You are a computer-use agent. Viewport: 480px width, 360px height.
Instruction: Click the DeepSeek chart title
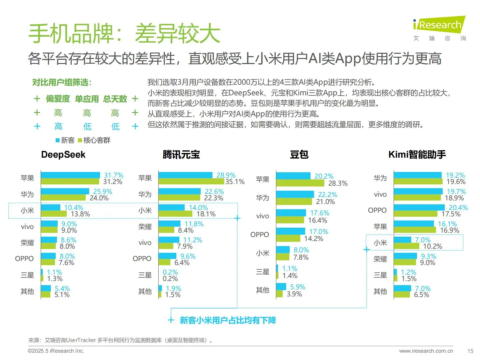click(63, 155)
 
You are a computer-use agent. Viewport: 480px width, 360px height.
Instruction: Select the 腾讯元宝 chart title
click(181, 155)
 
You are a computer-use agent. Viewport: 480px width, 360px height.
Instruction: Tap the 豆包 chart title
click(299, 155)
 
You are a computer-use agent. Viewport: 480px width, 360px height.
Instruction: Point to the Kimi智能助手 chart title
click(417, 155)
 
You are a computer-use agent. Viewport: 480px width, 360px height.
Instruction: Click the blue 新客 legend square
click(58, 140)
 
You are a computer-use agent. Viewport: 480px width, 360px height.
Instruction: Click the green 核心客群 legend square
click(80, 140)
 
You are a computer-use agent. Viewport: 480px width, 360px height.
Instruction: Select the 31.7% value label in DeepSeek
click(114, 175)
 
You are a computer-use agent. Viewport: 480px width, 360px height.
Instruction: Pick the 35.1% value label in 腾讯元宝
click(235, 182)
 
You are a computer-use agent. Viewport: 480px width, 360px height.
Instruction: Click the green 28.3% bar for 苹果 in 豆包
click(300, 183)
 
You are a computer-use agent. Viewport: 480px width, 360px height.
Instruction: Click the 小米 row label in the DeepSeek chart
click(27, 211)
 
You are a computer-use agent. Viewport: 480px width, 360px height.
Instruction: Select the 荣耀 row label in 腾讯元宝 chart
click(145, 227)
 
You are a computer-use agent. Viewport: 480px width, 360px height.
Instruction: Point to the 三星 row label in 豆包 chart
click(263, 272)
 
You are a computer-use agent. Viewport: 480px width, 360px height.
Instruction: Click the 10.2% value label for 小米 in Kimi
click(433, 246)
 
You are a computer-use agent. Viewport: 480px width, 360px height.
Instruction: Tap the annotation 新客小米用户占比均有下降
click(228, 320)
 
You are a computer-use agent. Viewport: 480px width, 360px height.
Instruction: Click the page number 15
click(470, 351)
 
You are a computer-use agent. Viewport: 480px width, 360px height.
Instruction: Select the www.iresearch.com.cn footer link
click(426, 351)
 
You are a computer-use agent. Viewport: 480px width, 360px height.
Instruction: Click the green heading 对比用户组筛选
click(62, 82)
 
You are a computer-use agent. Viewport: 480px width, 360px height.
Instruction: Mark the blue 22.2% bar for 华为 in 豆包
click(295, 194)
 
